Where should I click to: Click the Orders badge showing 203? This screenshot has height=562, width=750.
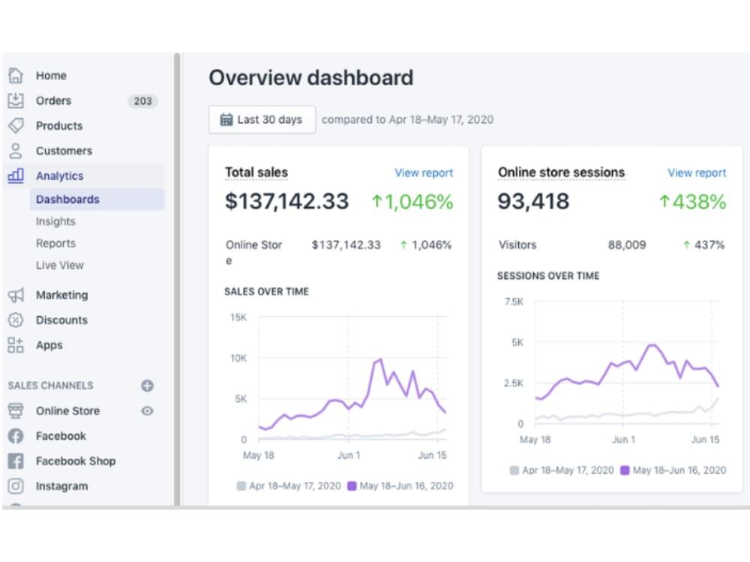(142, 101)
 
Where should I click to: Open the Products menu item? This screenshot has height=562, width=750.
(59, 126)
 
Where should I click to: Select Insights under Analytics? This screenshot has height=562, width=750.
(55, 221)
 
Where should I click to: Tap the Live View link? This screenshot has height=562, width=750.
(60, 265)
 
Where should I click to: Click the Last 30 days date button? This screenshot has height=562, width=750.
(262, 119)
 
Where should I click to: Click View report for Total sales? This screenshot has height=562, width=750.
(424, 173)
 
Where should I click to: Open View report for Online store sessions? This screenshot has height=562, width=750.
(697, 173)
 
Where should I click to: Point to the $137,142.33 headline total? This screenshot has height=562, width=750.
(287, 201)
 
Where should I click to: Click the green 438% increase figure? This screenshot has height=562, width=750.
(692, 202)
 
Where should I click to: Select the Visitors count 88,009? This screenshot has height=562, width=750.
(626, 245)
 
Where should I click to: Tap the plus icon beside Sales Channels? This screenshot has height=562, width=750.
(147, 386)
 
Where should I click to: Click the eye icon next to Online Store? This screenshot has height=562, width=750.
(147, 411)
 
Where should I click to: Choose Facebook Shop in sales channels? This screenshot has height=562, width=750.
(76, 461)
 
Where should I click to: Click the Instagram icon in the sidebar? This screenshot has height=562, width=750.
(15, 486)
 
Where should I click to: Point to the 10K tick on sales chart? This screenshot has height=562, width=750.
(238, 358)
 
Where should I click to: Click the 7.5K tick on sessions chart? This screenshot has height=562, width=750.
(514, 302)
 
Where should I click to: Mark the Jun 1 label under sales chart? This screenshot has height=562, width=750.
(349, 456)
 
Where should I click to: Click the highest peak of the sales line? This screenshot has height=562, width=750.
(381, 359)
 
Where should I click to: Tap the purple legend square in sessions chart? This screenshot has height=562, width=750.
(625, 471)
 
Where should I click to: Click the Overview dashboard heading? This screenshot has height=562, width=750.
(311, 78)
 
